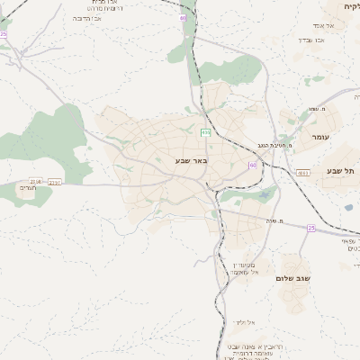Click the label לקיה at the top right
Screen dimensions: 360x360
pos(350,6)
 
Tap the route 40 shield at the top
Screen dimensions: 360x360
pos(183,17)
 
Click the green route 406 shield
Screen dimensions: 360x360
pos(206,133)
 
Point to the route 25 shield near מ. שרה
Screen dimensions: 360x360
pos(311,228)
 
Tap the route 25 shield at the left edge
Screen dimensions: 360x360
pos(4,34)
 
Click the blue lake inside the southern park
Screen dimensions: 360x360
pos(263,194)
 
